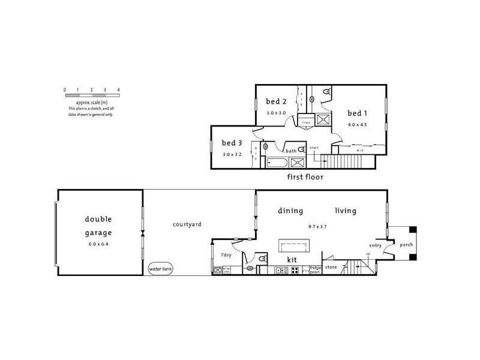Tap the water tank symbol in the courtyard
click(x=160, y=269)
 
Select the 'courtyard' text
click(x=187, y=224)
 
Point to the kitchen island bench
click(x=294, y=245)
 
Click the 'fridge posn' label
click(x=316, y=269)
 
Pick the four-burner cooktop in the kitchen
click(x=295, y=271)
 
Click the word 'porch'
click(x=406, y=245)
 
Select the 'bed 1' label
click(x=358, y=113)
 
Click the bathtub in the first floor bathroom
click(x=277, y=162)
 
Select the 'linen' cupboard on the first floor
click(x=306, y=123)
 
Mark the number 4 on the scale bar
click(x=119, y=89)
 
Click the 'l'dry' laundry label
click(x=226, y=256)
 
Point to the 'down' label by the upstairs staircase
click(x=314, y=148)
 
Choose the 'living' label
click(x=346, y=211)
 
